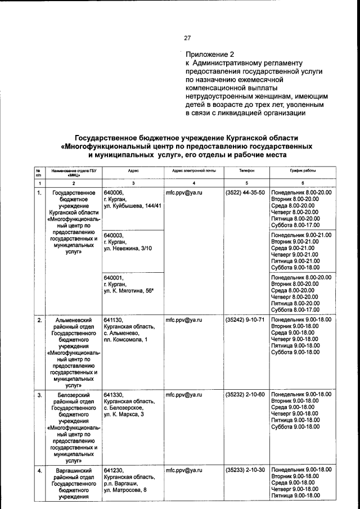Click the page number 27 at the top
188,38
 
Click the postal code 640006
114,193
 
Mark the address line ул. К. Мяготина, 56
129,292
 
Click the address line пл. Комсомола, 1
127,340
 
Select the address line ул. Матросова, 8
125,490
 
